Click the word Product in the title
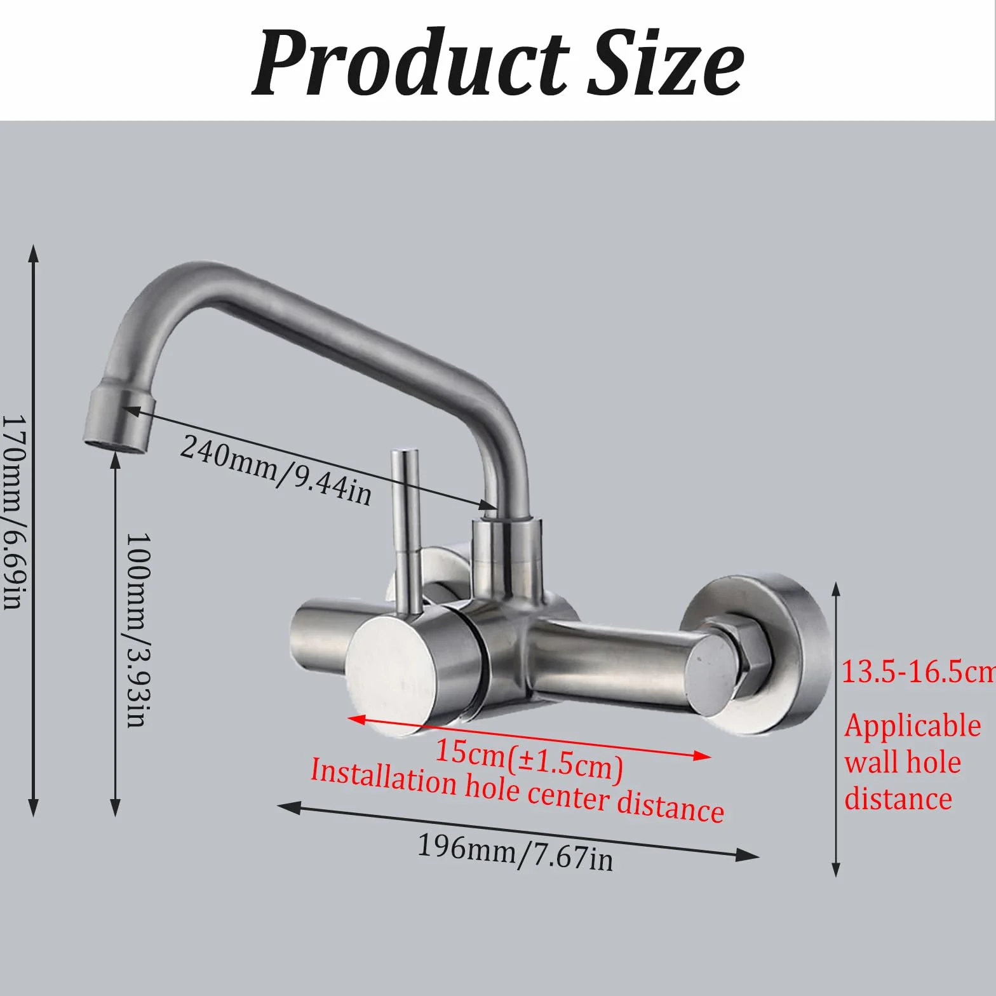point(411,62)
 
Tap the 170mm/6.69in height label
point(13,512)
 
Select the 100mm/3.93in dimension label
point(137,629)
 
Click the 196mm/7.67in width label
point(515,852)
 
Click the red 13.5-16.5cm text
point(918,672)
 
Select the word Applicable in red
point(913,727)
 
